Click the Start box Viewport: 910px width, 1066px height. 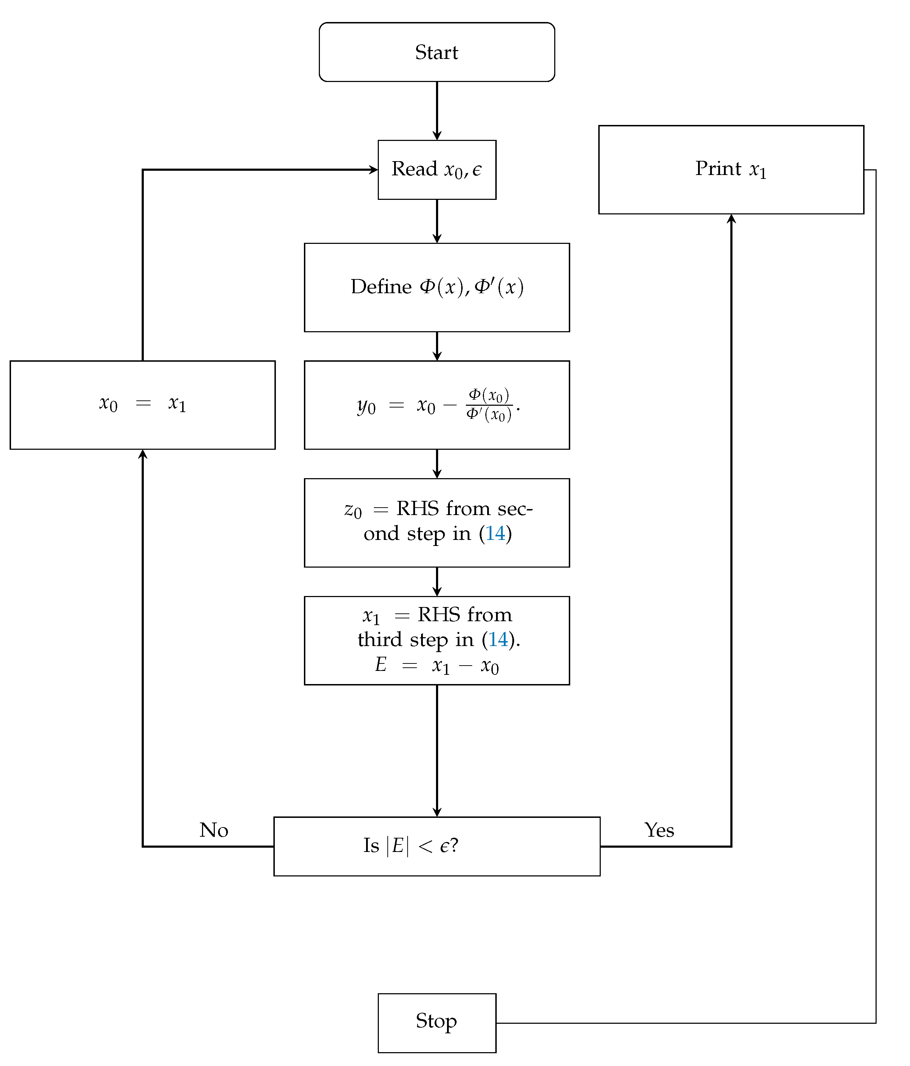coord(436,52)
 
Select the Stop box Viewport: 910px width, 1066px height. coord(436,1023)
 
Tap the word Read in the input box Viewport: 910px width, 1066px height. coord(414,169)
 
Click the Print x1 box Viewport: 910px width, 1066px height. coord(731,169)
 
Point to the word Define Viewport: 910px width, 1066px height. coord(381,286)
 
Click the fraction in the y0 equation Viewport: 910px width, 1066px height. coord(489,404)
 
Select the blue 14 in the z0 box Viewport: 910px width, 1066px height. coord(495,534)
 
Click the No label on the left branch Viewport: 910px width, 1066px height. coord(214,830)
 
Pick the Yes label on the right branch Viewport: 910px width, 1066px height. coord(659,830)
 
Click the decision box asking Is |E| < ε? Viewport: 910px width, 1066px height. coord(436,846)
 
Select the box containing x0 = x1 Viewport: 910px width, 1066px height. coord(143,405)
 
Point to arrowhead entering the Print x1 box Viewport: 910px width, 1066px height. coord(731,219)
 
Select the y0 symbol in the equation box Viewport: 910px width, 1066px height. coord(366,406)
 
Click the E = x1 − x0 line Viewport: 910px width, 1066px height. coord(436,665)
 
